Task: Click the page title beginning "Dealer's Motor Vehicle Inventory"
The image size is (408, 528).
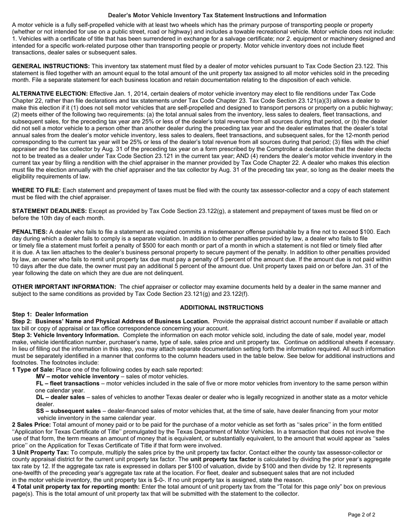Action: click(217, 15)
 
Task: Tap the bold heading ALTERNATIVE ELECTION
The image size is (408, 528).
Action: click(50, 94)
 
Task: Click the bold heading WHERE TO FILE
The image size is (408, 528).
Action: click(37, 190)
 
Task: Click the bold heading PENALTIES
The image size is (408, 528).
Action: click(30, 232)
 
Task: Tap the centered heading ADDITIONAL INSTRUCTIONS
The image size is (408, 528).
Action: click(222, 308)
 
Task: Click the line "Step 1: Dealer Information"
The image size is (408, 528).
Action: click(50, 314)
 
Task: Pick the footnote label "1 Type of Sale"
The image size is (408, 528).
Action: click(33, 370)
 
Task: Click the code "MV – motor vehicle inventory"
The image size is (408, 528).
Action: click(77, 376)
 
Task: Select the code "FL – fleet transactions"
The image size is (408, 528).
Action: click(67, 383)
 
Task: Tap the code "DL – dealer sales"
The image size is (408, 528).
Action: click(61, 397)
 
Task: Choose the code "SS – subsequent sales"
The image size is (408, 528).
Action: click(68, 411)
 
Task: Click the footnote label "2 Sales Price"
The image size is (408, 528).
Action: click(31, 425)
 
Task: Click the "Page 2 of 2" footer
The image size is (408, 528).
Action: click(362, 515)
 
